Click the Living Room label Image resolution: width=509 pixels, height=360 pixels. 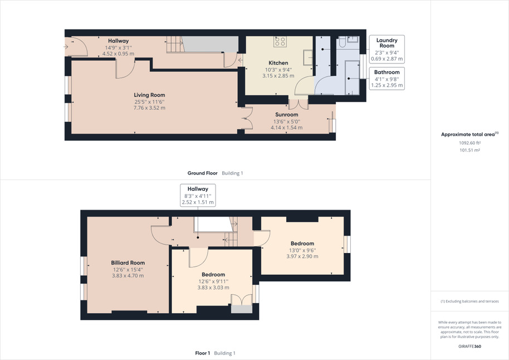(x=149, y=95)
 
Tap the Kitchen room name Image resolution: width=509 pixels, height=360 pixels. (x=278, y=63)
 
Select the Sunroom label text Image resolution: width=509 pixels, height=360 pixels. (x=287, y=115)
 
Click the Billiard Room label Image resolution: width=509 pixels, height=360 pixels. (x=128, y=263)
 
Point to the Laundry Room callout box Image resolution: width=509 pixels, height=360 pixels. (x=387, y=49)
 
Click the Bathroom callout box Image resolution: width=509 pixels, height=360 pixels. (x=387, y=79)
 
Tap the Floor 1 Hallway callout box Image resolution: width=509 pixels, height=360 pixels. (x=198, y=195)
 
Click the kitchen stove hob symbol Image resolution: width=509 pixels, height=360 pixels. (x=280, y=41)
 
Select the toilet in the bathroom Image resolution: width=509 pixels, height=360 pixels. (x=342, y=42)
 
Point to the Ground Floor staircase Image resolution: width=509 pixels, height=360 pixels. (x=175, y=44)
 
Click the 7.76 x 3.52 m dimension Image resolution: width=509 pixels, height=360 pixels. (x=149, y=108)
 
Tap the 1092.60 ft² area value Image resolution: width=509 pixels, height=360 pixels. (x=469, y=143)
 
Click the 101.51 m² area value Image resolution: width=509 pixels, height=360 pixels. (x=469, y=150)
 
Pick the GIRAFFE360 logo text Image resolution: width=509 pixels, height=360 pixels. (x=469, y=347)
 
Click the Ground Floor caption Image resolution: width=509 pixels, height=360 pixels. (x=202, y=173)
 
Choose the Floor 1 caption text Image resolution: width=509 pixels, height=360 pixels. (x=203, y=353)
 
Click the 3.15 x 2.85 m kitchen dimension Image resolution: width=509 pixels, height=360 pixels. (x=278, y=76)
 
